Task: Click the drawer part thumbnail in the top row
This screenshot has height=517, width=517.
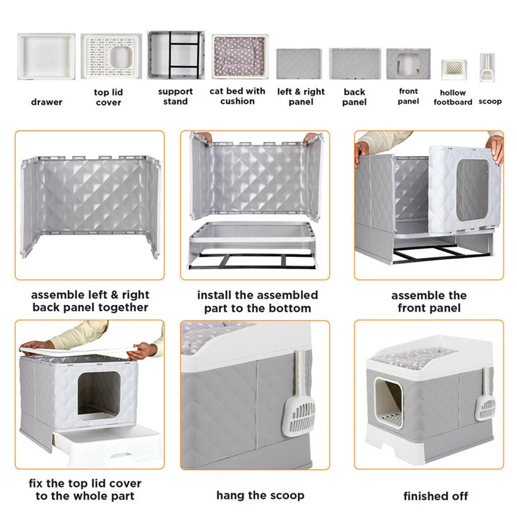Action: [46, 56]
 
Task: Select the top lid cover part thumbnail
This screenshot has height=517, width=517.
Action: [111, 56]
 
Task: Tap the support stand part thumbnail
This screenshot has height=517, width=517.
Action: [176, 55]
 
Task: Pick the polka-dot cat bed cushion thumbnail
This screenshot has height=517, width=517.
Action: [239, 56]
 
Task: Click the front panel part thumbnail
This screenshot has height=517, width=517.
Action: [408, 64]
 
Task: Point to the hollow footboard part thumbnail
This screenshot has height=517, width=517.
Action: [454, 68]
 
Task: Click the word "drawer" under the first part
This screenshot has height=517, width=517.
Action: [47, 102]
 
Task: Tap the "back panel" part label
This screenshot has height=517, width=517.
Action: [355, 97]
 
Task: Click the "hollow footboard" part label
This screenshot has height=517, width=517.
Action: [453, 98]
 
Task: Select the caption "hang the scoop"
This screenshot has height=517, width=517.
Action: [260, 495]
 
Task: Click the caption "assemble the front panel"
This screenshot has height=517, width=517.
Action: [429, 302]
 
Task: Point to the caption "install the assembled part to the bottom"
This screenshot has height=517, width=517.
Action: [257, 302]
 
